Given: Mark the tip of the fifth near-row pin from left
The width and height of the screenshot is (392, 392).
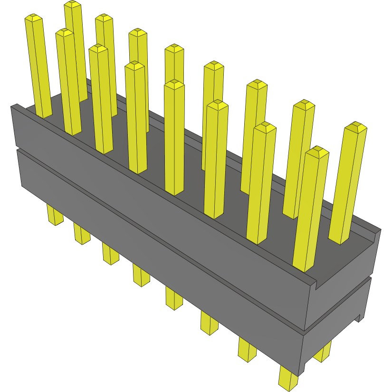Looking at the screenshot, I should [174, 85].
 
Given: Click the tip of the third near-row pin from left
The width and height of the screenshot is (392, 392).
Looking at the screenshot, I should [98, 48].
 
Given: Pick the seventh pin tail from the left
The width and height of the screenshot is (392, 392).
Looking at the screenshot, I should [247, 351].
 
